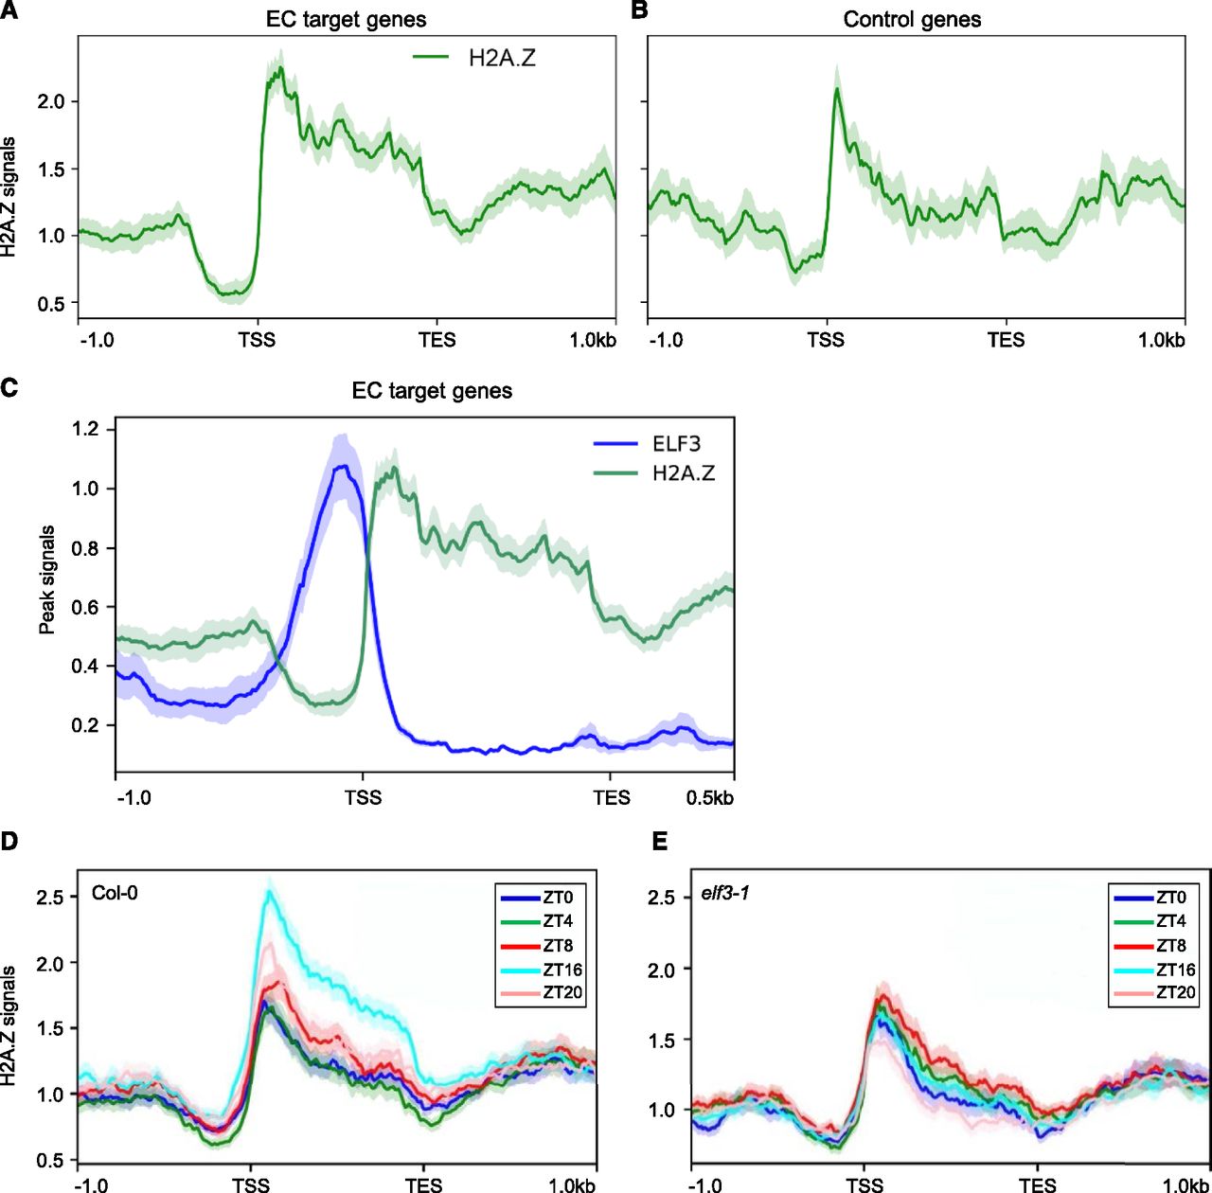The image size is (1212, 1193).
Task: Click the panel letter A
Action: pyautogui.click(x=8, y=12)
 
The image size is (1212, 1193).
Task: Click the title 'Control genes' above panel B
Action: pyautogui.click(x=912, y=19)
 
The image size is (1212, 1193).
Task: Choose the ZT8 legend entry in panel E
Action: pyautogui.click(x=1174, y=945)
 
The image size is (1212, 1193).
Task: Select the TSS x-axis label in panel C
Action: pyautogui.click(x=363, y=797)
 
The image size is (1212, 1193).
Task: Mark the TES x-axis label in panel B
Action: pyautogui.click(x=1006, y=339)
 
